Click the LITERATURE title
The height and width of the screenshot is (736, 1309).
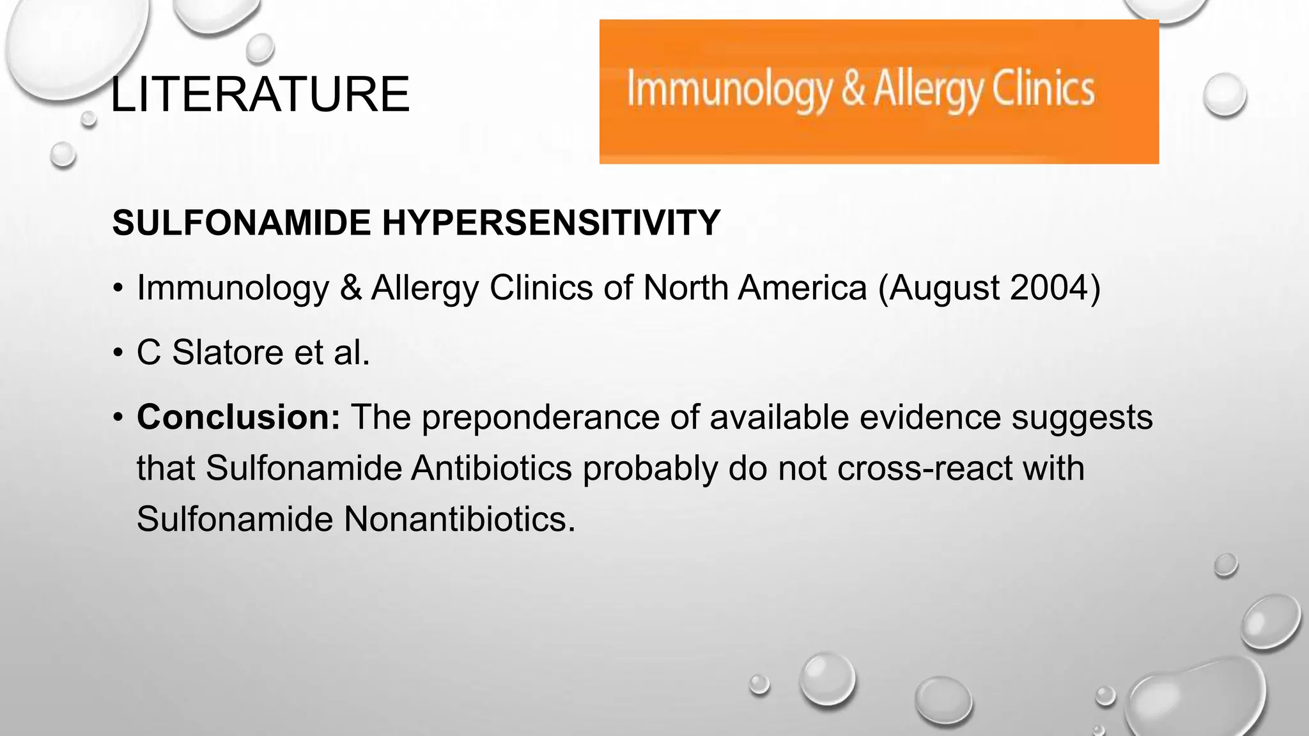(259, 95)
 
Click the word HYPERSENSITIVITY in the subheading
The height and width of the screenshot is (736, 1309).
(551, 222)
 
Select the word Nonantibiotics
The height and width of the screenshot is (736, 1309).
(459, 519)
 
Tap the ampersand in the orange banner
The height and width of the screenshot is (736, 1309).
(853, 89)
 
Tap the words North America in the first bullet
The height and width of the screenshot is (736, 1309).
(754, 287)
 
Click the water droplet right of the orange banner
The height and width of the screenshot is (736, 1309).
(1224, 95)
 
